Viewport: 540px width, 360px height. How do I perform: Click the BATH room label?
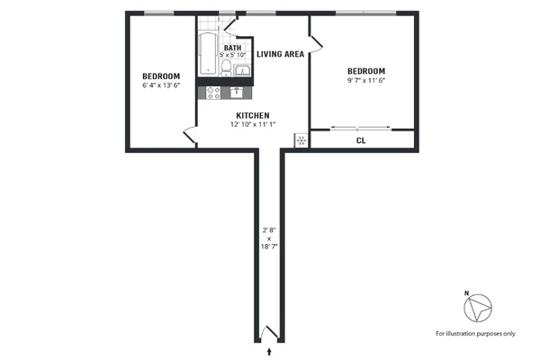click(232, 48)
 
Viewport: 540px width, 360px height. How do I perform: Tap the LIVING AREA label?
click(280, 54)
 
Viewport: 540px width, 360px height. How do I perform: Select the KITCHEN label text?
click(254, 115)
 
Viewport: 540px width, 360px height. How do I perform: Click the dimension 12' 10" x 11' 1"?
click(254, 124)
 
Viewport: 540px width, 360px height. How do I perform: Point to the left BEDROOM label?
click(161, 76)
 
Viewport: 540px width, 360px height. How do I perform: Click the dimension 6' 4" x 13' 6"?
click(161, 85)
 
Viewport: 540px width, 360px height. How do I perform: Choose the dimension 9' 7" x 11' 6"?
click(366, 81)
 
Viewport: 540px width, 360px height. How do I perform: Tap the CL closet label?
click(361, 140)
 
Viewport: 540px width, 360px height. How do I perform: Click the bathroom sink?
click(243, 69)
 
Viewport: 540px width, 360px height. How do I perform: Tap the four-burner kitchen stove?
click(214, 91)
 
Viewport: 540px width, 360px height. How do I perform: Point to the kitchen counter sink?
click(238, 91)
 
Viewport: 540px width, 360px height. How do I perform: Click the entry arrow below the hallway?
click(271, 351)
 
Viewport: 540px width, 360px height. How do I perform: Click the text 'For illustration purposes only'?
click(475, 334)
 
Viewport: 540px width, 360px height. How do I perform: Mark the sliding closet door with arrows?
click(360, 127)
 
